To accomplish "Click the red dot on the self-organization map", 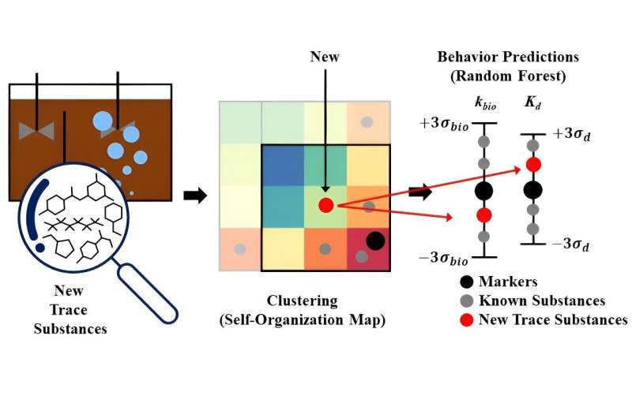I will (x=325, y=205).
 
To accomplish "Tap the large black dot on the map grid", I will (x=375, y=240).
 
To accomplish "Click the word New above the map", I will (x=325, y=58).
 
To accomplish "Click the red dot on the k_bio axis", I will (x=484, y=215).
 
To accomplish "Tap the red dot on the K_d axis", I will (x=533, y=164).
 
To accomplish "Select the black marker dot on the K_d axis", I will (x=533, y=189).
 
